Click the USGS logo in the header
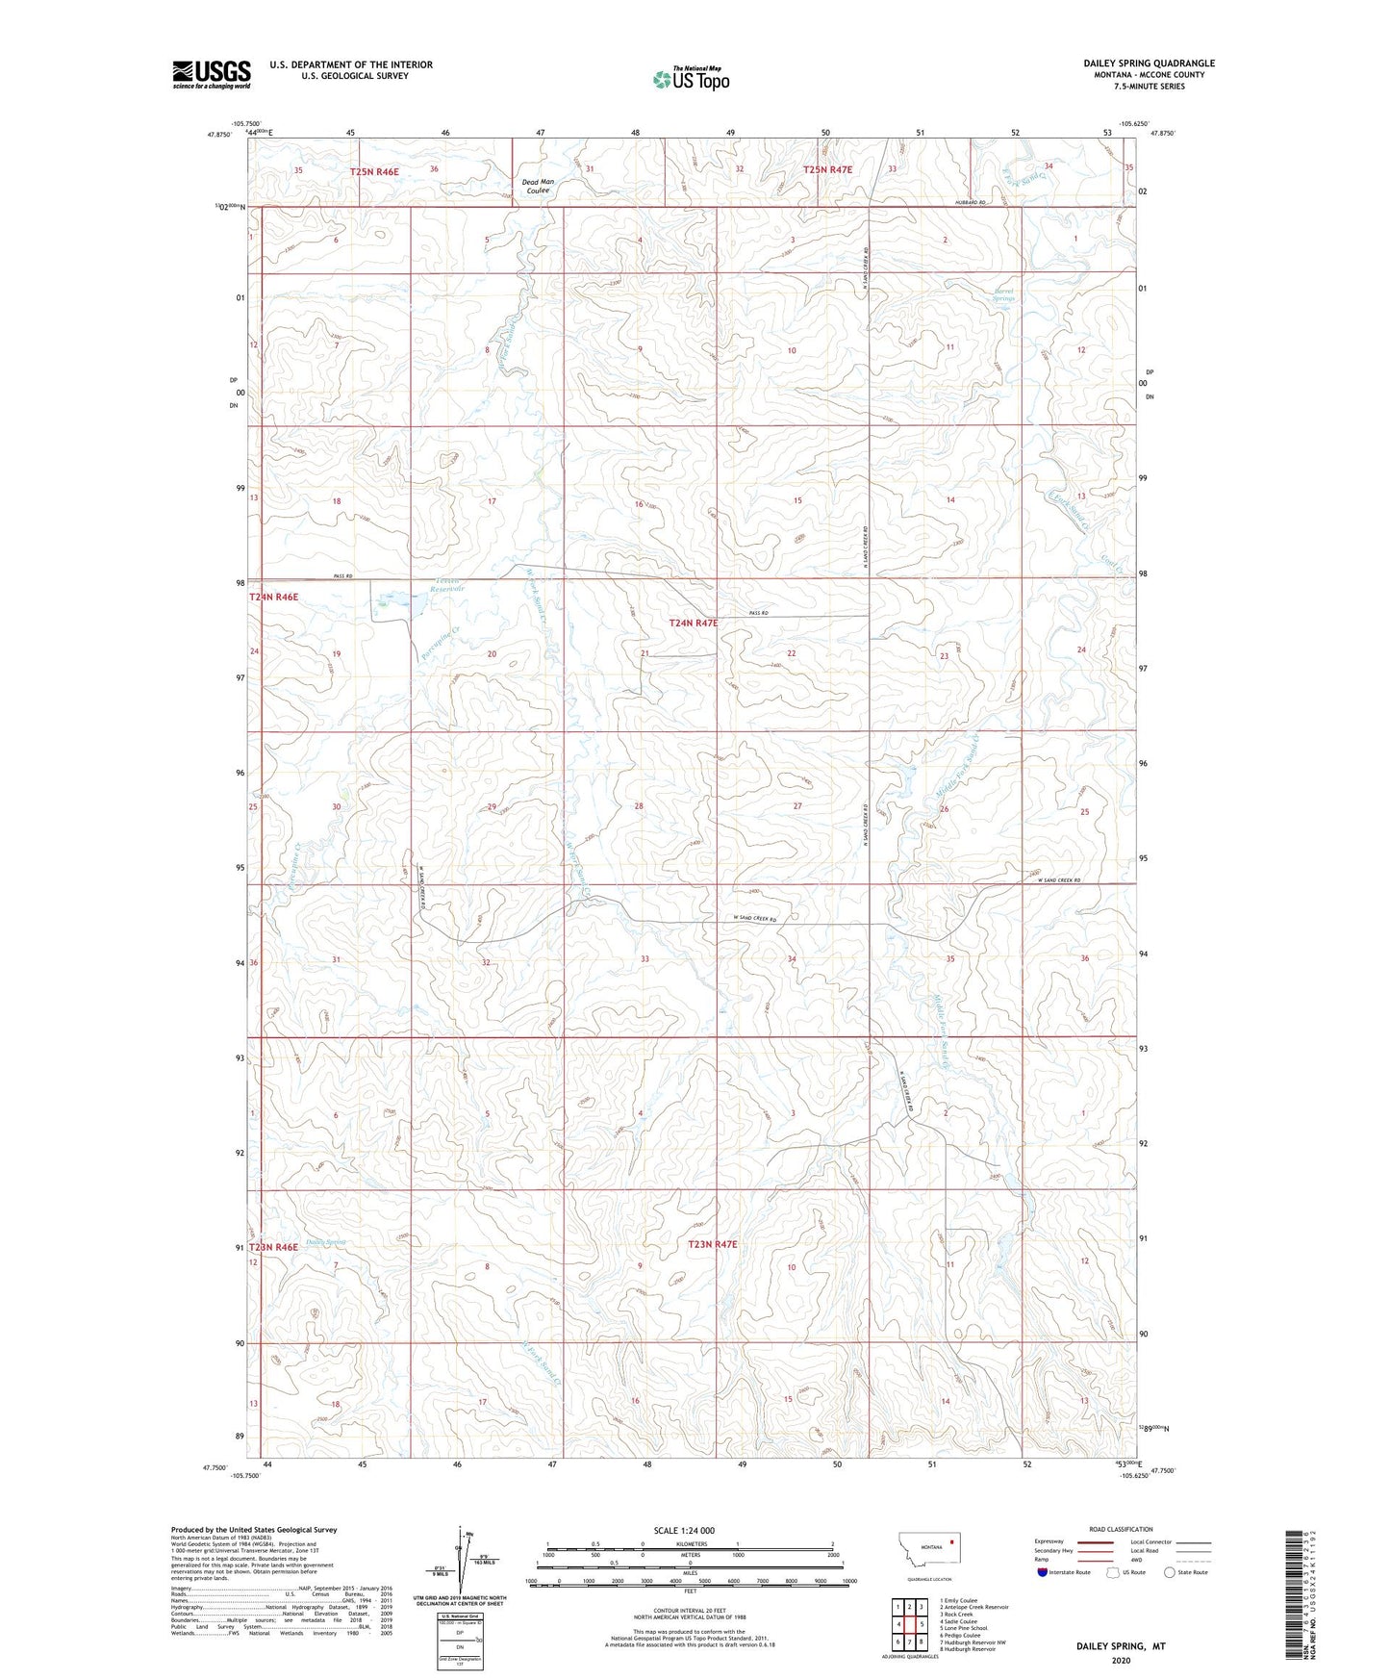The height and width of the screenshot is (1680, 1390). pyautogui.click(x=211, y=74)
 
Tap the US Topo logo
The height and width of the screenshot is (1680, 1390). pyautogui.click(x=691, y=79)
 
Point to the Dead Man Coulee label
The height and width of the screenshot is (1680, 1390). pyautogui.click(x=538, y=186)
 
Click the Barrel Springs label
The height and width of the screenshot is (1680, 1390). pyautogui.click(x=1003, y=294)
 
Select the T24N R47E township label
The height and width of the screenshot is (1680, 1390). pyautogui.click(x=694, y=623)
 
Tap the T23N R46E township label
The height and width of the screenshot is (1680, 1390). pyautogui.click(x=274, y=1247)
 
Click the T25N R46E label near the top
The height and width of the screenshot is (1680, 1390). pyautogui.click(x=374, y=170)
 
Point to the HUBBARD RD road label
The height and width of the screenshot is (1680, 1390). pyautogui.click(x=972, y=202)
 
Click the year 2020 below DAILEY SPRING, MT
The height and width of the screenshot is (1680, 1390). pyautogui.click(x=1120, y=1660)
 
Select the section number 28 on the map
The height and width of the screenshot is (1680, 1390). pyautogui.click(x=638, y=806)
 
